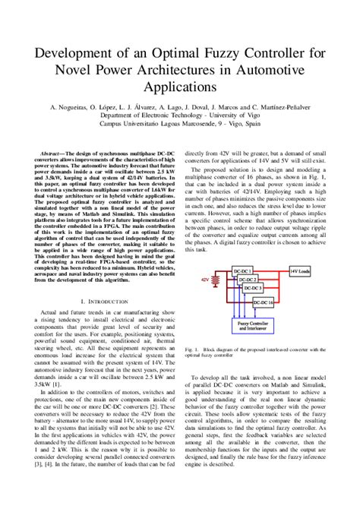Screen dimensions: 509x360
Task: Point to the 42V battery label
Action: click(x=205, y=279)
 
